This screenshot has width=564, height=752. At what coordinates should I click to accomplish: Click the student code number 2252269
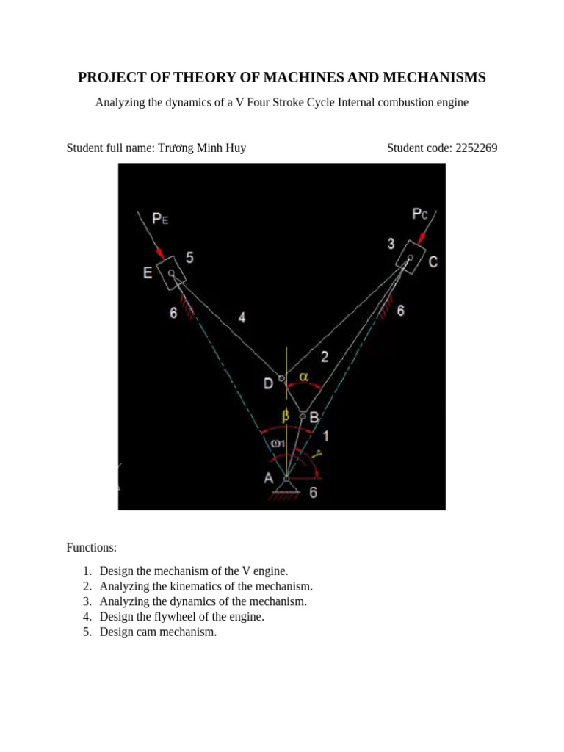point(477,148)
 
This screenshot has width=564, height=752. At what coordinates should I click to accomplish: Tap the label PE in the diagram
point(160,218)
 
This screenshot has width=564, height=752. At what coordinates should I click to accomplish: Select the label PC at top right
point(420,214)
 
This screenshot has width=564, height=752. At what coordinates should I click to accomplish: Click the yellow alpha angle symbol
point(303,377)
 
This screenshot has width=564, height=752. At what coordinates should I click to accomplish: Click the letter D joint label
point(269,383)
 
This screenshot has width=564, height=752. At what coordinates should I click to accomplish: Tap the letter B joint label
point(314,417)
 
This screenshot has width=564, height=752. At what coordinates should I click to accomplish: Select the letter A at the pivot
point(270,478)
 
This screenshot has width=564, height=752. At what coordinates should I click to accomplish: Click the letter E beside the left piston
point(148,273)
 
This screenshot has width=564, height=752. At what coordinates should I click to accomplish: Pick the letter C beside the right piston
point(433,261)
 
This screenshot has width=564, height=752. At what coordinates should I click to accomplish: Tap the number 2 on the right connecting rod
point(325,357)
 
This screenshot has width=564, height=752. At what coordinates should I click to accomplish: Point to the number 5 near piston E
point(189,258)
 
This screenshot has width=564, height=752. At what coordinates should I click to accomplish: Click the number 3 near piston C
point(391,243)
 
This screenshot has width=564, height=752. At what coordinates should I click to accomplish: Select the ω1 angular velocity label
point(278,444)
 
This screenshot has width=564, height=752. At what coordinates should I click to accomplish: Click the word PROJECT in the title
point(112,78)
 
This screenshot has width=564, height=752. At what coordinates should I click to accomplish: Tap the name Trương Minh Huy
point(203,148)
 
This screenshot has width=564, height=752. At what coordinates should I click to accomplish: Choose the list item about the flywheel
point(181,617)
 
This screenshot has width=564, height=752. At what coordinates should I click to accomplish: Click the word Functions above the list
point(92,548)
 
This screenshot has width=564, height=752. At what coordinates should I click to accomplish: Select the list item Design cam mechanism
point(158,632)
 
